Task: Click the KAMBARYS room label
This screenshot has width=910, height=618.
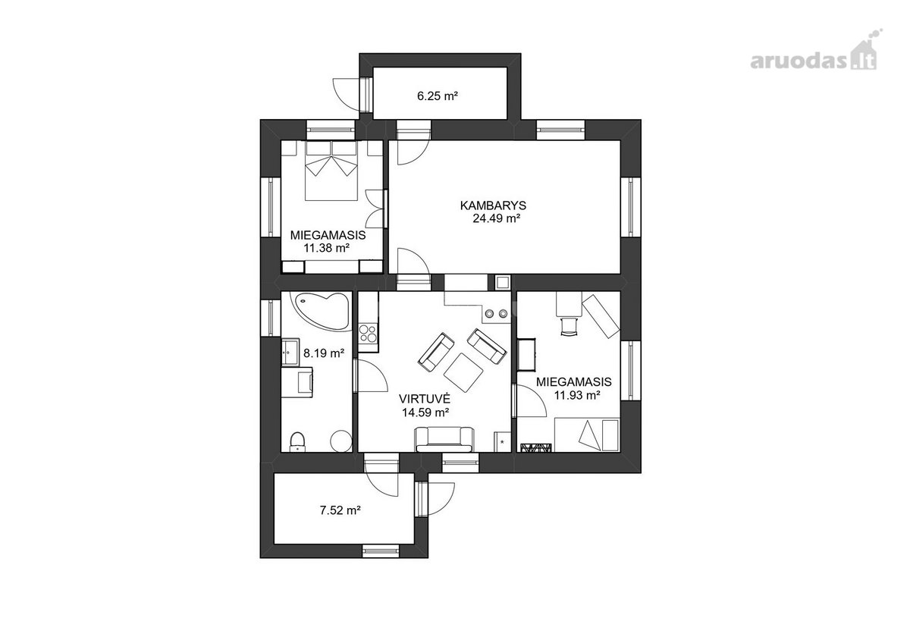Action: (x=493, y=205)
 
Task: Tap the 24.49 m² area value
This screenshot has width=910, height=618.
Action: (x=497, y=218)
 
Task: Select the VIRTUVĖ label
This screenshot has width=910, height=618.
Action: (x=425, y=398)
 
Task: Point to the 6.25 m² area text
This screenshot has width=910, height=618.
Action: (x=438, y=96)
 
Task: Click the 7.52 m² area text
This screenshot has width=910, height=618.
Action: (x=340, y=510)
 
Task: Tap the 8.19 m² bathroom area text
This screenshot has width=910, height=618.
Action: (x=324, y=353)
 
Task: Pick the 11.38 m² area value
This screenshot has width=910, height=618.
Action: (x=327, y=247)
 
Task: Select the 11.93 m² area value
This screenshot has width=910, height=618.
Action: (x=577, y=394)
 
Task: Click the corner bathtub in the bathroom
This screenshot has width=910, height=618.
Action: (x=321, y=310)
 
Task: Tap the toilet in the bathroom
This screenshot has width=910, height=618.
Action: (x=298, y=441)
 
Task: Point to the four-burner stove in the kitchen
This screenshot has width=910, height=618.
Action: (x=368, y=333)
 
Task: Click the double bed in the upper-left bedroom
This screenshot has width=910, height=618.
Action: (x=331, y=171)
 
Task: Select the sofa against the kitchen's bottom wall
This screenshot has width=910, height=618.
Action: (x=444, y=439)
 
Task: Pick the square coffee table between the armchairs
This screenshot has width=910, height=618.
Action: (x=463, y=372)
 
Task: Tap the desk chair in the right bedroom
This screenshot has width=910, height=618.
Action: (x=569, y=326)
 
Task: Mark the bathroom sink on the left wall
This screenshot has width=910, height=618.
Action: (x=291, y=353)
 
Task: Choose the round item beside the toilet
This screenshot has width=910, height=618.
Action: (x=340, y=441)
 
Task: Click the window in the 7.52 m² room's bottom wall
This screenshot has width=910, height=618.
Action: (x=381, y=551)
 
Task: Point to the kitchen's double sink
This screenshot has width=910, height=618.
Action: (x=497, y=313)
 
